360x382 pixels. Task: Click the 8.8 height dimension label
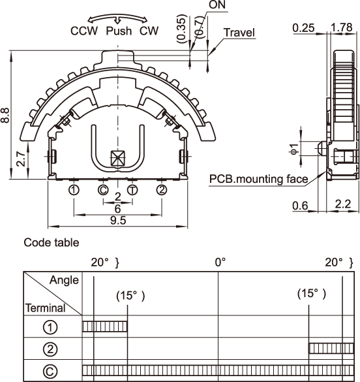point(5,115)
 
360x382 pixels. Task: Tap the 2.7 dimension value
point(21,159)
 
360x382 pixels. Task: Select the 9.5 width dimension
point(118,221)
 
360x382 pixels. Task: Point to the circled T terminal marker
point(132,190)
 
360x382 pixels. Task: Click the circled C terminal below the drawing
point(103,190)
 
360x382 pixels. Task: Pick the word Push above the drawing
point(119,31)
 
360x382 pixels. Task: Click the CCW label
point(84,31)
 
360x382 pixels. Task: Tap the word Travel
point(239,33)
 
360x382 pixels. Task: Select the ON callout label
point(217,5)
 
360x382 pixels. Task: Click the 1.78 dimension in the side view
point(342,27)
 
